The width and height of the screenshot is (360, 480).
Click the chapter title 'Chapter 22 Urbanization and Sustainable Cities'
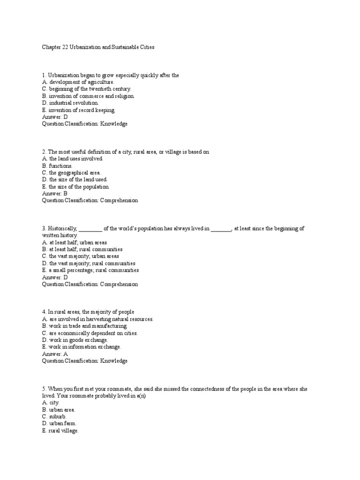(98, 47)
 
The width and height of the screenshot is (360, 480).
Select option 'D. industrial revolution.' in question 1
(70, 103)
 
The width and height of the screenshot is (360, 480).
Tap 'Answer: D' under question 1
(55, 117)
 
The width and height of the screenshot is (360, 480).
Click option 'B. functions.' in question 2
(57, 165)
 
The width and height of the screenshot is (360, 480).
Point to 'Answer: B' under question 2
(55, 193)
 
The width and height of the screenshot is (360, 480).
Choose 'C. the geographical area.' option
(71, 172)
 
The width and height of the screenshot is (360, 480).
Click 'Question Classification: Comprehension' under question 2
(90, 200)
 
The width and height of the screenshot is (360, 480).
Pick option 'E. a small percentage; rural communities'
(90, 270)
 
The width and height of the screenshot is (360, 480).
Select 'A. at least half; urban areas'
(75, 242)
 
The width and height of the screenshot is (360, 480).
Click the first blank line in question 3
(90, 229)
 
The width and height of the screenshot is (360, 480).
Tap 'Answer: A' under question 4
(55, 354)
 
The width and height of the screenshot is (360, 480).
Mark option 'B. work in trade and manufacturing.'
(84, 326)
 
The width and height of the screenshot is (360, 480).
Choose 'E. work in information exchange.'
(82, 347)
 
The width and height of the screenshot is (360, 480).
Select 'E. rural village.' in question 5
(60, 431)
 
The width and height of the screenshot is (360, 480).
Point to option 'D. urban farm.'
(60, 424)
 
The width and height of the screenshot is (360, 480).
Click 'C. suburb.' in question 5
(54, 417)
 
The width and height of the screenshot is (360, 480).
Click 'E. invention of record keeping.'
(78, 110)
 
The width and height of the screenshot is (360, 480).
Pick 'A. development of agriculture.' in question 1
(78, 82)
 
